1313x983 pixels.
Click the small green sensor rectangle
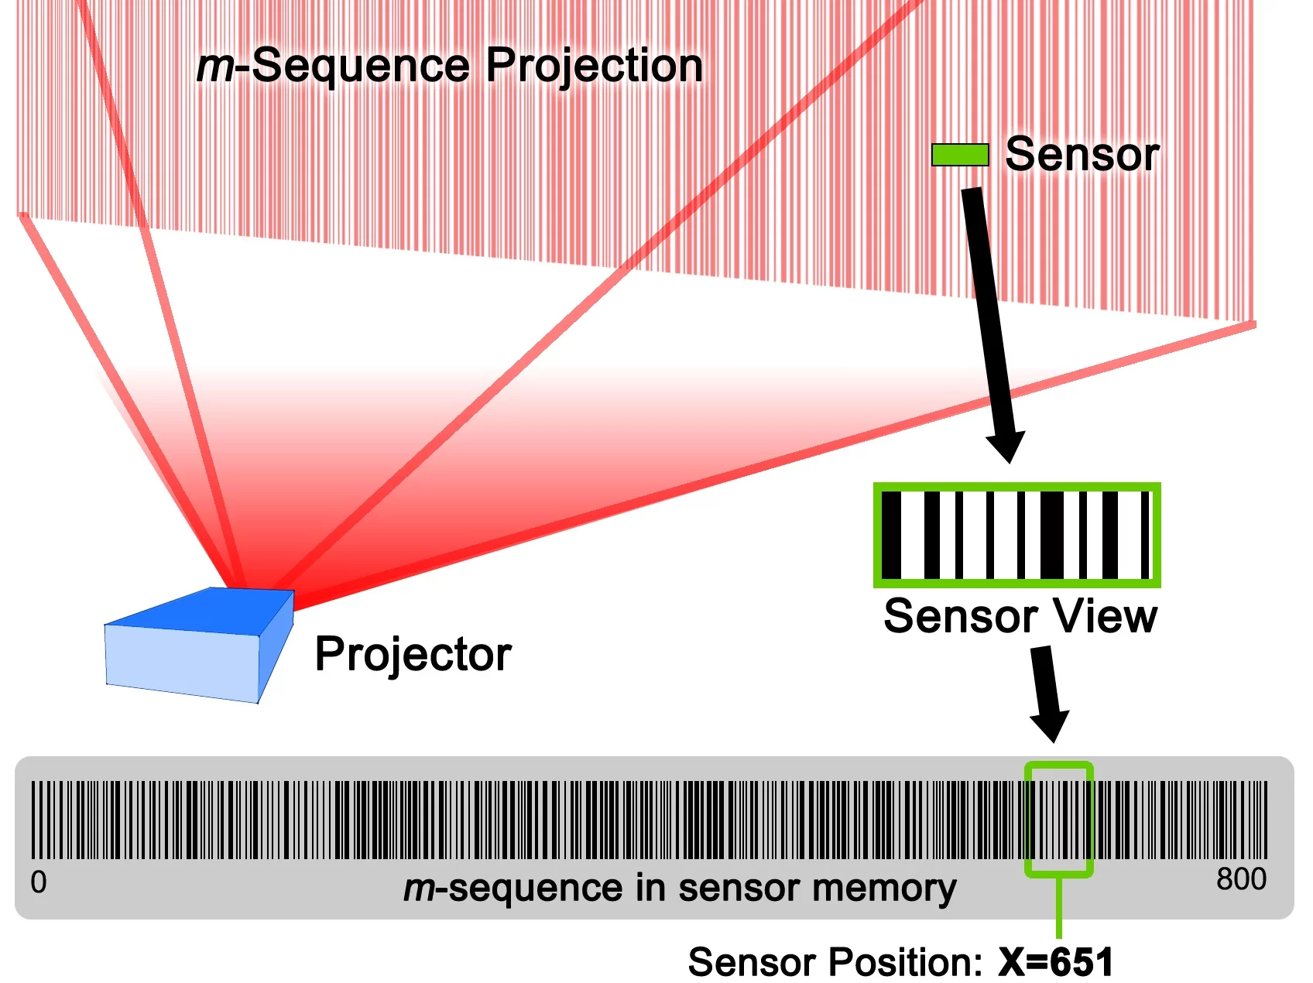pos(960,155)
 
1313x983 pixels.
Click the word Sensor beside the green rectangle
pos(1082,154)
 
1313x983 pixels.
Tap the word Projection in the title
pos(594,66)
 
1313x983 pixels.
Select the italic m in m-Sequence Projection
pos(214,67)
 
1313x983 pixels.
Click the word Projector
pos(413,655)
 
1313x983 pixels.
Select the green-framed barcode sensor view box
pos(1016,535)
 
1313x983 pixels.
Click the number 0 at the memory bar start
pos(39,882)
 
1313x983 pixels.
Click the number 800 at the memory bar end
pos(1240,879)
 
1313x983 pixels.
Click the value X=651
pos(1055,962)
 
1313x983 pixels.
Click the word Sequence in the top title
pos(361,66)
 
